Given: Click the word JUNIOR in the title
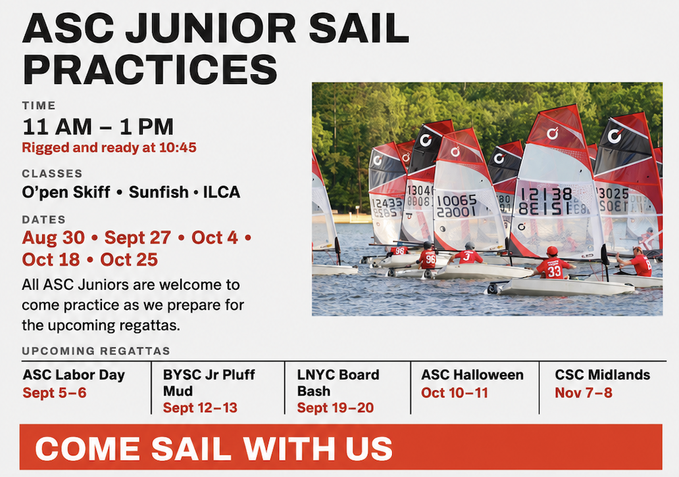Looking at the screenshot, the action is point(211,28).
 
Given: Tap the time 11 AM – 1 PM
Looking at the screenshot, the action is point(98,127).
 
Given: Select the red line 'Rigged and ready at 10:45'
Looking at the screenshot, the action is point(109,147).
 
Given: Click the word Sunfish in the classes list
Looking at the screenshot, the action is point(159,192).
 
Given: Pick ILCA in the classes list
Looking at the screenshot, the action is point(221,192).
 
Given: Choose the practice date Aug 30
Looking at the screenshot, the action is point(54,238).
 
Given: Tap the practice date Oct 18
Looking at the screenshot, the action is point(51,260).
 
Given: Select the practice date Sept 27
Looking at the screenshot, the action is point(138,238).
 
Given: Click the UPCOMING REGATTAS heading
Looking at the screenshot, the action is point(96,351).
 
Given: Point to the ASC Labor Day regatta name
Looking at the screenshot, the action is point(74,375).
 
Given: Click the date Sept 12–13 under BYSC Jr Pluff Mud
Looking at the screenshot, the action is point(200,408).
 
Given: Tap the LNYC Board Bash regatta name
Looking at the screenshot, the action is point(338,383).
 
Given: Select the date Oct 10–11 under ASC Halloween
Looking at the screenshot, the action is point(455,393).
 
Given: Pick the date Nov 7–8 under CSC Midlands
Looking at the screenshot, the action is point(584,393).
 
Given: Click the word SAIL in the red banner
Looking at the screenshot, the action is point(191,449).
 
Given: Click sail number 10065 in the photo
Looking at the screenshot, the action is point(457,200).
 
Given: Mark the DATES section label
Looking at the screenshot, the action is point(43,219).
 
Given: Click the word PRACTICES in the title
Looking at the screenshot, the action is point(150,69).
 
